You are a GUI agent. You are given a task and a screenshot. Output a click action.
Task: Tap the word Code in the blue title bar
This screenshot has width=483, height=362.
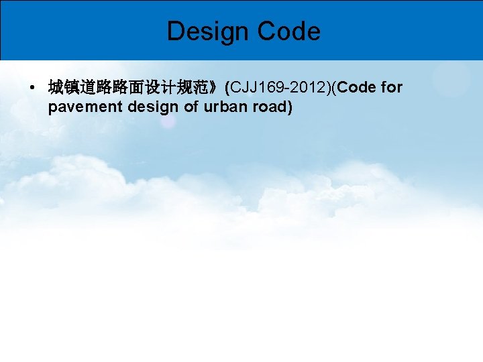click(x=288, y=31)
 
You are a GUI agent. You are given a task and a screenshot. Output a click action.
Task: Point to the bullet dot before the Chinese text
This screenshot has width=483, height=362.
click(x=32, y=88)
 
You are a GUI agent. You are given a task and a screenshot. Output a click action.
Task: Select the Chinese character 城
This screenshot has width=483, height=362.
click(x=56, y=88)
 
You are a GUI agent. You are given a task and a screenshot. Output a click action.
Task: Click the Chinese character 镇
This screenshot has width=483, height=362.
click(x=72, y=88)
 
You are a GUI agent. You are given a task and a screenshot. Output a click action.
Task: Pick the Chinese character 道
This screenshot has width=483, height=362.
click(x=88, y=88)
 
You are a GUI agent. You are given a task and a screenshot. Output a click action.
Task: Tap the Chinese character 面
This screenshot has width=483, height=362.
click(x=136, y=88)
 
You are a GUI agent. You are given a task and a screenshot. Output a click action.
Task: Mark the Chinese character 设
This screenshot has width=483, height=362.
click(x=152, y=88)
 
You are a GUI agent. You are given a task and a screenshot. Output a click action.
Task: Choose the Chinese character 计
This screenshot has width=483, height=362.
click(x=168, y=88)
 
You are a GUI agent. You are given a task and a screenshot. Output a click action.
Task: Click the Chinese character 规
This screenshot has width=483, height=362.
click(x=184, y=88)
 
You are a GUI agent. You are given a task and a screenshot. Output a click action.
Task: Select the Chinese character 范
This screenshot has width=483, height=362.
click(x=201, y=88)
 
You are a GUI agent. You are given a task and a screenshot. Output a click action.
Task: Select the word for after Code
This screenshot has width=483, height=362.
click(x=391, y=88)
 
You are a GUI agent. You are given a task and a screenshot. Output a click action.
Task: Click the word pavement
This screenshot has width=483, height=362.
click(x=80, y=107)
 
